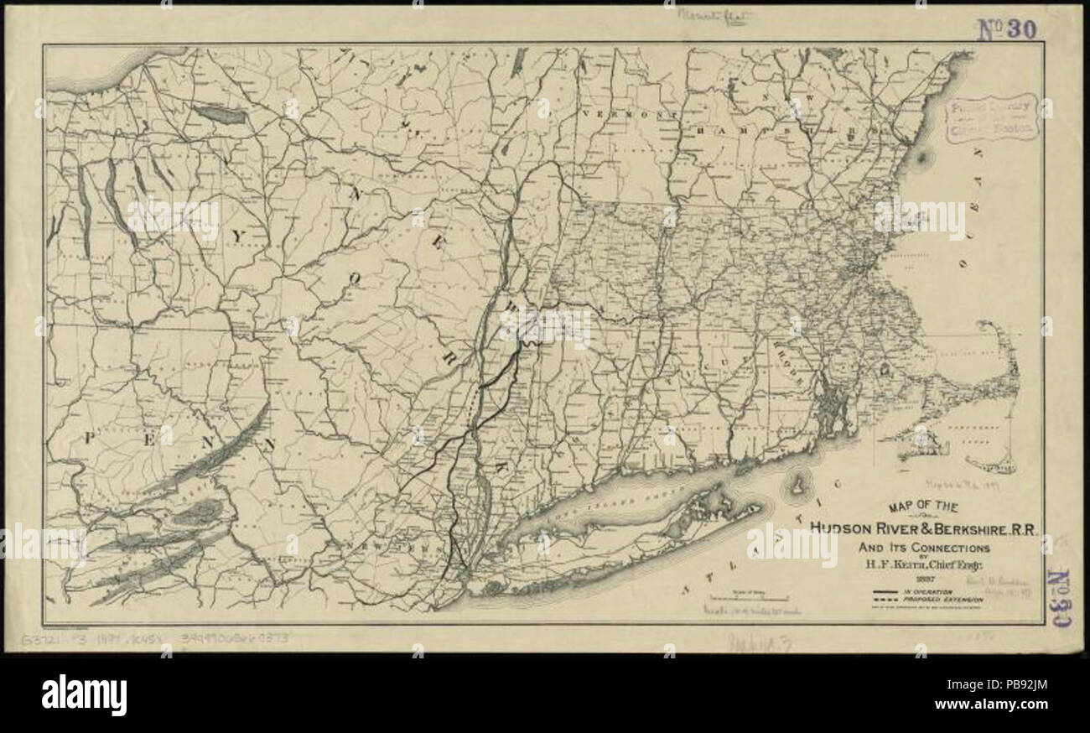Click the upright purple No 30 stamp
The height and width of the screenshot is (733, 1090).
click(1006, 29)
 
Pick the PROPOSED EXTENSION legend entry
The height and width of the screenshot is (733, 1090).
click(942, 600)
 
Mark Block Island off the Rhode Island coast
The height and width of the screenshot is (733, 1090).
click(797, 485)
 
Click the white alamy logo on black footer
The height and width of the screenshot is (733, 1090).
click(84, 694)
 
